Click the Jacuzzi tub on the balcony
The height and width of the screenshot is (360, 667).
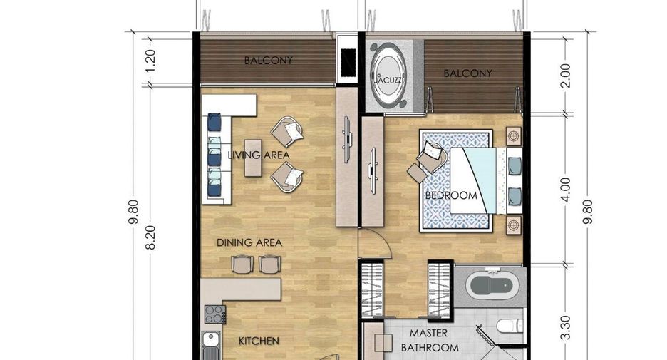click(x=388, y=76)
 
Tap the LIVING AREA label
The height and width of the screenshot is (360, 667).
click(x=259, y=155)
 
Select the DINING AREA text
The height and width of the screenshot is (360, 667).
click(x=249, y=242)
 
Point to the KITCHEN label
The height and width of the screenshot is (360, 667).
click(x=259, y=341)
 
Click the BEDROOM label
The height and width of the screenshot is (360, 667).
click(x=451, y=196)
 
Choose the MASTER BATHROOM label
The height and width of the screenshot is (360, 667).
click(x=429, y=340)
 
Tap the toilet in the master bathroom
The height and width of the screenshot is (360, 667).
click(x=510, y=326)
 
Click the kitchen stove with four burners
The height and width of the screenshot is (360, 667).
click(x=214, y=314)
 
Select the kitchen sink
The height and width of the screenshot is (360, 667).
click(x=210, y=340)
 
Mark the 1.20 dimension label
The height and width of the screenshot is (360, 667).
click(x=151, y=61)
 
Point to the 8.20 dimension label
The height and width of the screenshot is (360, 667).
click(x=151, y=237)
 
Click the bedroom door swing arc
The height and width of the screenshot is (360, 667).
click(x=383, y=239)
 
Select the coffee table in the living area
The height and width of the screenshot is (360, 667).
click(x=253, y=158)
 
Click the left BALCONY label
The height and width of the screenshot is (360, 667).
click(x=269, y=61)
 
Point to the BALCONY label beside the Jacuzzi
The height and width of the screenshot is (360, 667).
click(x=467, y=73)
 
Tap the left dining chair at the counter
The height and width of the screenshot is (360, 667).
click(x=242, y=264)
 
